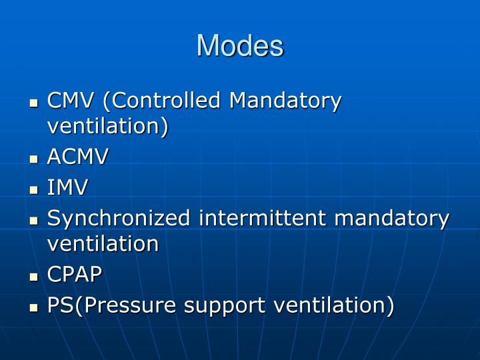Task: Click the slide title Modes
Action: [x=240, y=45]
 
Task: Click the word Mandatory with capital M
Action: [x=285, y=101]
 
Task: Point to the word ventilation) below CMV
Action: [x=107, y=126]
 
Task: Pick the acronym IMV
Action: [x=67, y=187]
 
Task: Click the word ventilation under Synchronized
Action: [x=103, y=243]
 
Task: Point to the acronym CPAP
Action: [x=75, y=274]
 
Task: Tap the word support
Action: [x=223, y=305]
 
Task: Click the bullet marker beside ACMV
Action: [x=35, y=159]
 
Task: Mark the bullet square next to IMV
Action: [x=35, y=190]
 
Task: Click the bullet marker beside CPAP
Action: [x=35, y=277]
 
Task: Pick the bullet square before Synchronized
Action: [x=35, y=221]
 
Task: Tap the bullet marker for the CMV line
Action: [x=35, y=103]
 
